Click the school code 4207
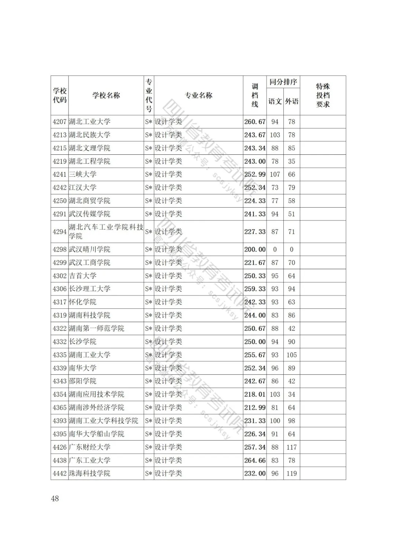(x=59, y=122)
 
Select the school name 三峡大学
(x=82, y=175)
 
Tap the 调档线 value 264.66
(x=255, y=460)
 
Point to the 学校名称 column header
(x=106, y=95)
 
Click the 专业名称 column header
(x=198, y=95)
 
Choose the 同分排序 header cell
(x=283, y=82)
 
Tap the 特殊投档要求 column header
(x=323, y=95)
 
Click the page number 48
(x=55, y=498)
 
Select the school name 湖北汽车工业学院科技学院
(x=106, y=231)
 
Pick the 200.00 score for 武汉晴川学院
(x=255, y=249)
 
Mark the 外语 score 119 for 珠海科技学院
(x=291, y=473)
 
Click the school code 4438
(x=59, y=460)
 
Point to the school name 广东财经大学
(x=89, y=447)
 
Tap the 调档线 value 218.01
(x=255, y=394)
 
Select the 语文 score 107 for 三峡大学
(x=275, y=175)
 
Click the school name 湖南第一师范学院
(x=96, y=329)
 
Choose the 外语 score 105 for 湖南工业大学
(x=291, y=355)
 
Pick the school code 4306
(x=59, y=289)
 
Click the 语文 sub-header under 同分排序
(x=275, y=101)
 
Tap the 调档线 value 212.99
(x=255, y=407)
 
